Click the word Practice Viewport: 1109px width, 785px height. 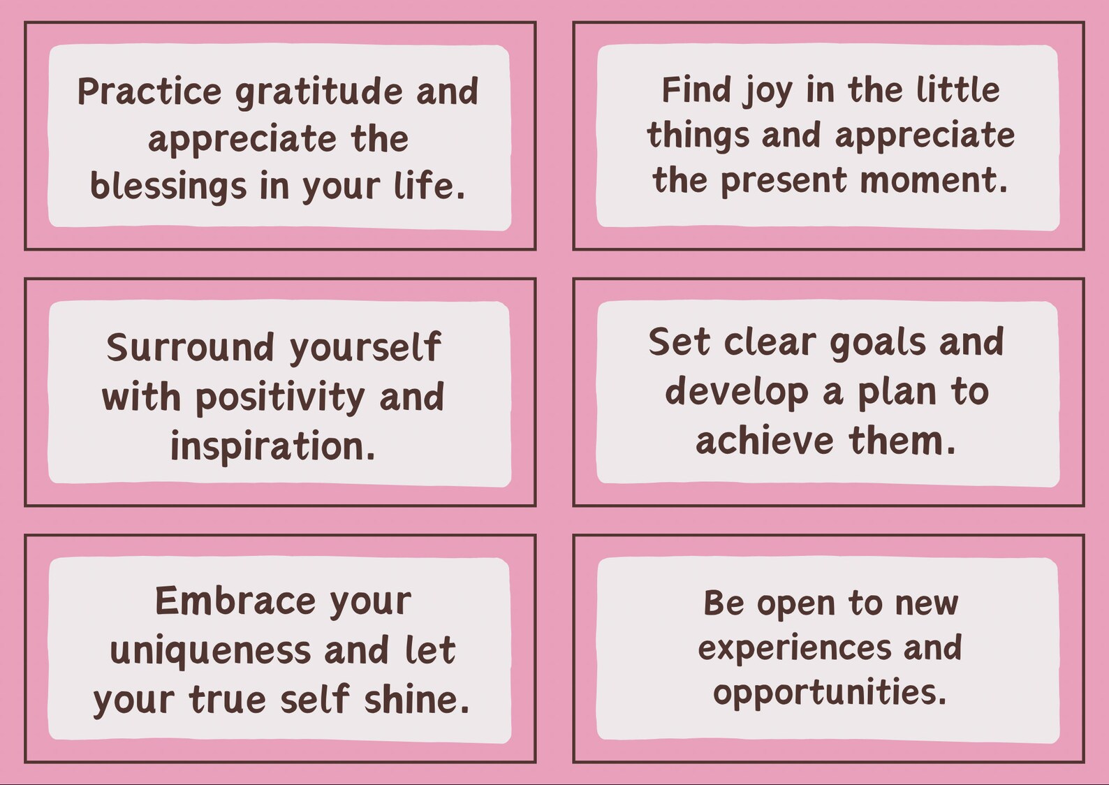[149, 91]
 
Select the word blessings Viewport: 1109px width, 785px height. [168, 187]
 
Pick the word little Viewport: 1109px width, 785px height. [957, 90]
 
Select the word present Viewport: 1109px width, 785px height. [784, 182]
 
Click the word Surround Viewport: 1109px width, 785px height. [190, 347]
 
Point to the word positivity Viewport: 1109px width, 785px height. [280, 398]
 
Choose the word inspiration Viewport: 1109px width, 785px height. [272, 446]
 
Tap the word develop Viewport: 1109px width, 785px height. [737, 392]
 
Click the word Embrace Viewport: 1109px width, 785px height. [235, 601]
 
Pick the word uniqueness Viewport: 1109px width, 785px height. [210, 650]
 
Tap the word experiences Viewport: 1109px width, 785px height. [795, 649]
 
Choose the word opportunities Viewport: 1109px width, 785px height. [830, 693]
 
